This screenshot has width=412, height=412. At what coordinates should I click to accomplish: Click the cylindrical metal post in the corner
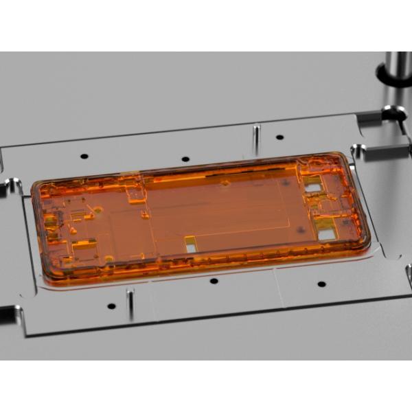[x=398, y=69]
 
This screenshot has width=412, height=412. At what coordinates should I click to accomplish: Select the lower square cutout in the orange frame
[x=327, y=233]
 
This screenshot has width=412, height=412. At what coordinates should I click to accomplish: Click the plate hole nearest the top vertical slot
[x=279, y=137]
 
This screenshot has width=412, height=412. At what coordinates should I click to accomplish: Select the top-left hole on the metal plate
[x=84, y=156]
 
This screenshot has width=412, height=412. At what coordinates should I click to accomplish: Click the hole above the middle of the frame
[x=187, y=159]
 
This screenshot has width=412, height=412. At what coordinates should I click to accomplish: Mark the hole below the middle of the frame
[x=214, y=281]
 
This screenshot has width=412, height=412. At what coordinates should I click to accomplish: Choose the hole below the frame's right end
[x=321, y=284]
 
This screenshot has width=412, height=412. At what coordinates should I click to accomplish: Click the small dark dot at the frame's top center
[x=225, y=183]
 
